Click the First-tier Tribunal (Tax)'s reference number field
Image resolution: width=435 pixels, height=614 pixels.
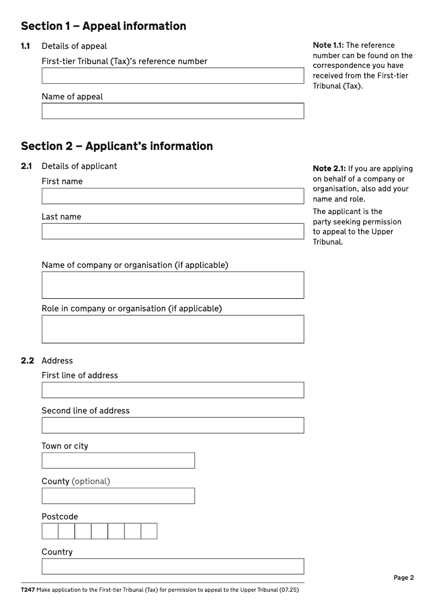point(172,76)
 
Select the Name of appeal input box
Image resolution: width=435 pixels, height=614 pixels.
point(172,111)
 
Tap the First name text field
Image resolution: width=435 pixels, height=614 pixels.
point(172,196)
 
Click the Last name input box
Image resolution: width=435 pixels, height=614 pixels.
point(172,231)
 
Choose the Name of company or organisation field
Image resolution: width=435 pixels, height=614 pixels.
point(172,285)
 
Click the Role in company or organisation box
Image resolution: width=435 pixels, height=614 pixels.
point(172,329)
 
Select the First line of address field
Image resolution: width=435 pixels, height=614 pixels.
point(172,390)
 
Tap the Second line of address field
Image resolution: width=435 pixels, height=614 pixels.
point(172,425)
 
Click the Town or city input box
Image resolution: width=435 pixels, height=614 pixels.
point(118,461)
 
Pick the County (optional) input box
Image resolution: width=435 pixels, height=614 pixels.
point(118,496)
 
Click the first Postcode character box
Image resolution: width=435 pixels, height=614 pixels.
point(50,531)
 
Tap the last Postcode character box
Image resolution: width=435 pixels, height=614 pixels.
point(149,531)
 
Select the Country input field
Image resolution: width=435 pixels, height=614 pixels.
point(172,567)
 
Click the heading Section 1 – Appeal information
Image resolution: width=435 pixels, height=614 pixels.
point(103,26)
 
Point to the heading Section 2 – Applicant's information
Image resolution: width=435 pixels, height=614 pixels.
point(116,146)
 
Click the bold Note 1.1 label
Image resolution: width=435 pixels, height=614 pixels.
point(328,45)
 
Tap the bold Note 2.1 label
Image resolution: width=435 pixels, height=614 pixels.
point(329,168)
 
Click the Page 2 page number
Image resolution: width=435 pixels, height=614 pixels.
point(403,578)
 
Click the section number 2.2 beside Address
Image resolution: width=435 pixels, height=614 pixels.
point(27,361)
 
